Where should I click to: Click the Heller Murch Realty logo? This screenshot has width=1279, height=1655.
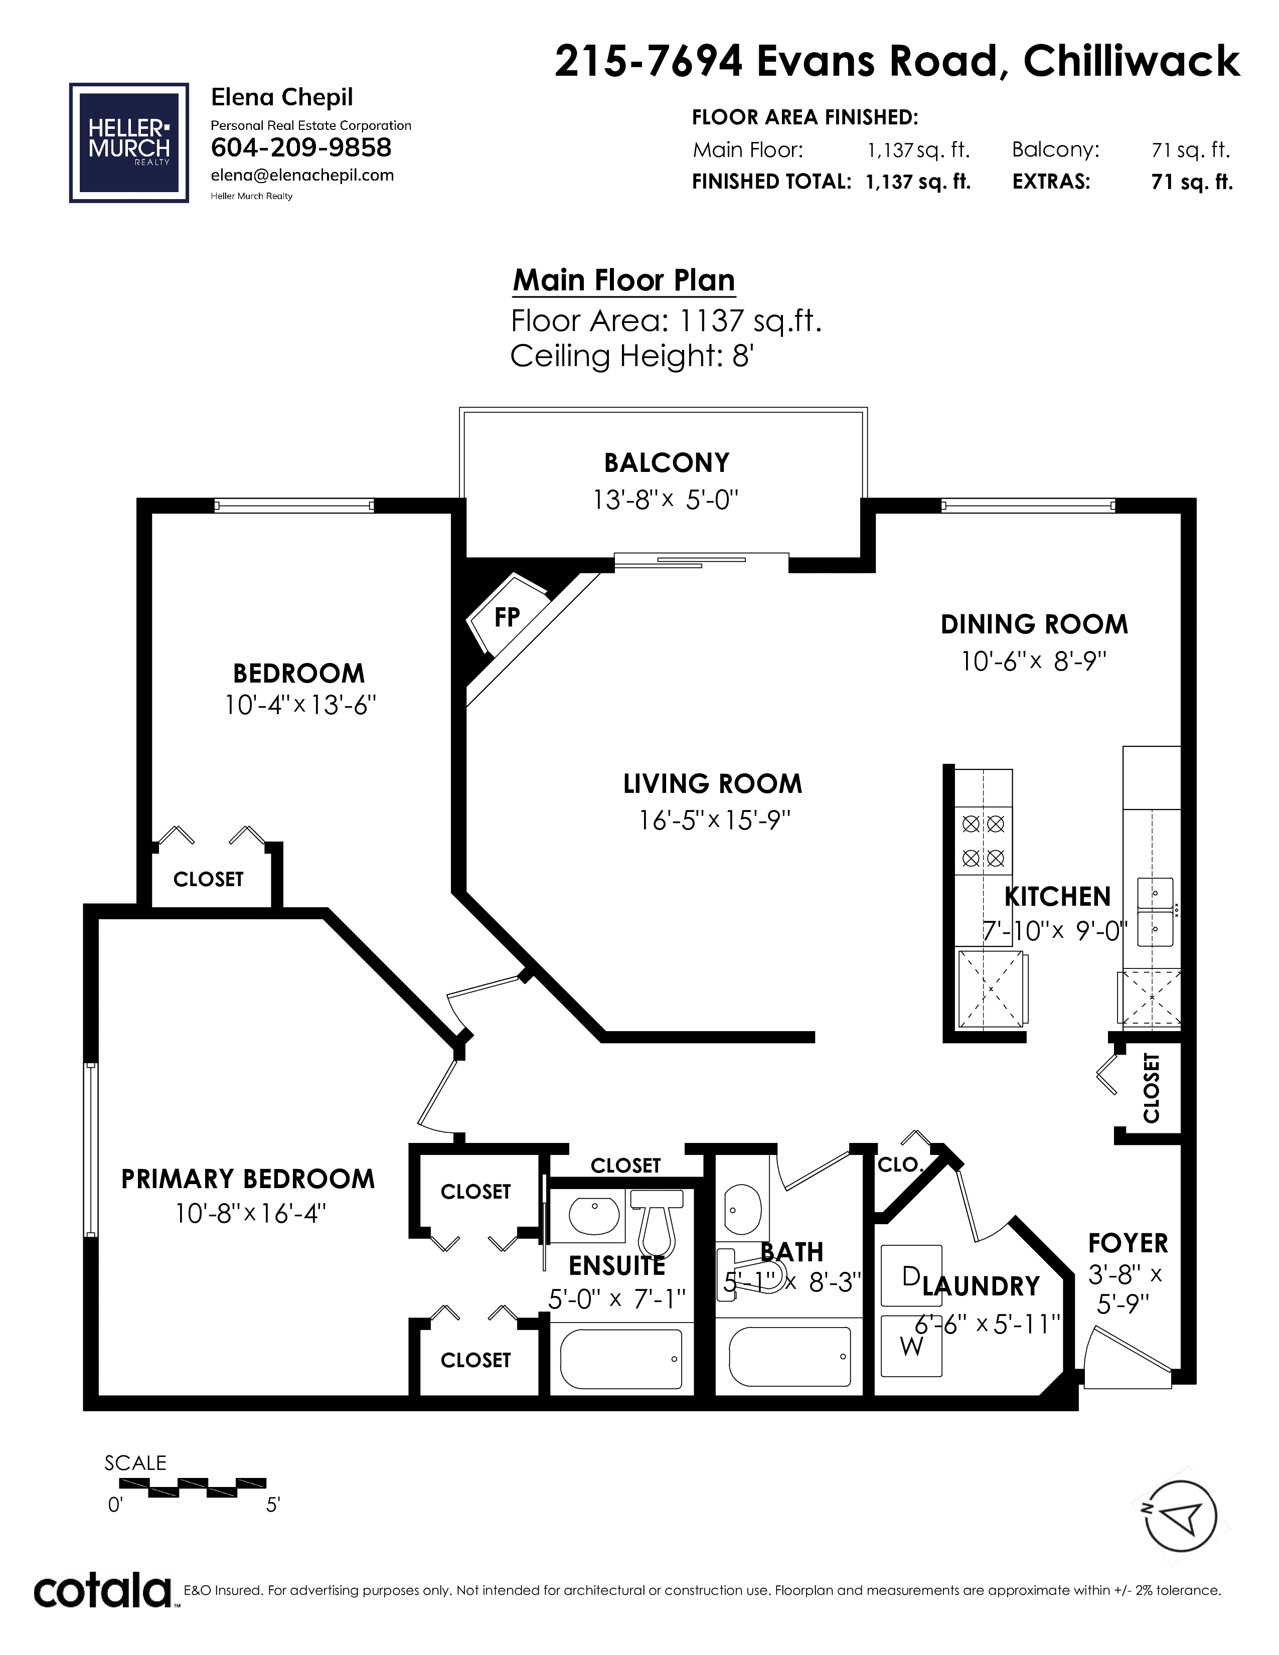click(x=129, y=142)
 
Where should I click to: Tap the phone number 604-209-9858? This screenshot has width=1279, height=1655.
click(x=301, y=147)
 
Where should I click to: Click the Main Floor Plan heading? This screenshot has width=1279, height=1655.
click(x=623, y=280)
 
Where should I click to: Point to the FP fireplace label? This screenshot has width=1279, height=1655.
click(x=507, y=617)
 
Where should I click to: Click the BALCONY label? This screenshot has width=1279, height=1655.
click(x=667, y=462)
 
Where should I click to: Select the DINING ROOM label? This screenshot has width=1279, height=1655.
click(x=1034, y=624)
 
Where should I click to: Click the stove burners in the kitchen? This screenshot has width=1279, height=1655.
click(x=983, y=841)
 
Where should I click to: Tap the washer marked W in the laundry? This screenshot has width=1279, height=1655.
click(x=911, y=1345)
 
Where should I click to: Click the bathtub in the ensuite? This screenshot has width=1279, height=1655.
click(x=620, y=1360)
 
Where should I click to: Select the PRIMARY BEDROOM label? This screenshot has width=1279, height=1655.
click(x=248, y=1179)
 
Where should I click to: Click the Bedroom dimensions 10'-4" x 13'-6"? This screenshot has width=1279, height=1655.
click(x=301, y=706)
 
